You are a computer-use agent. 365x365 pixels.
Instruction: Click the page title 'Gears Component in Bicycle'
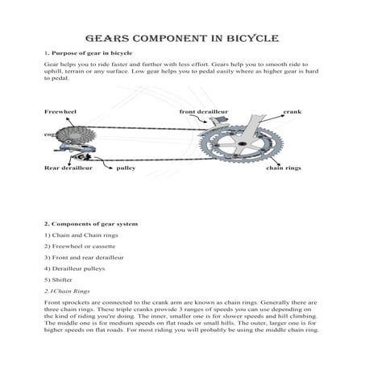coord(181,37)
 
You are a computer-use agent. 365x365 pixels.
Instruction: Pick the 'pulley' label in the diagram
coord(127,169)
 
